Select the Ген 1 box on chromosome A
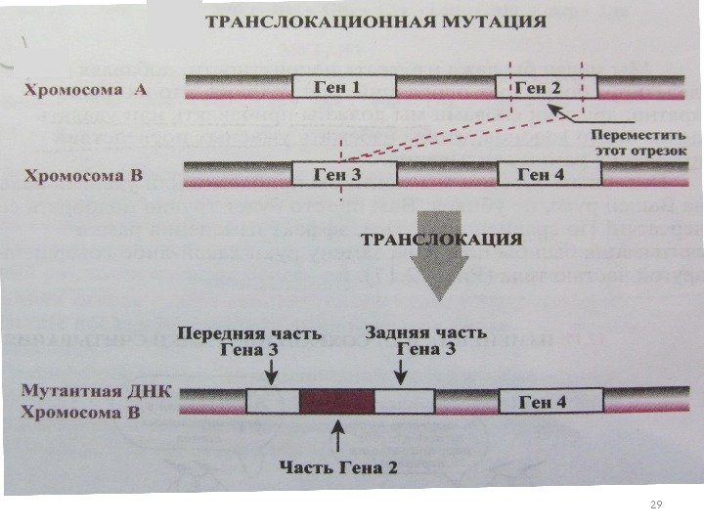pyautogui.click(x=343, y=87)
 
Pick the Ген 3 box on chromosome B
pyautogui.click(x=343, y=175)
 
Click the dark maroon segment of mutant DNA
pyautogui.click(x=336, y=402)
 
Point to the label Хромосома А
pyautogui.click(x=85, y=90)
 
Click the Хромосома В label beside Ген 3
pyautogui.click(x=84, y=177)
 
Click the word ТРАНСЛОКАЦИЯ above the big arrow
pyautogui.click(x=442, y=238)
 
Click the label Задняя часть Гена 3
pyautogui.click(x=424, y=340)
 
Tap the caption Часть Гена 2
pyautogui.click(x=338, y=467)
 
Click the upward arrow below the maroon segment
pyautogui.click(x=337, y=435)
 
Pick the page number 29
pyautogui.click(x=656, y=505)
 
